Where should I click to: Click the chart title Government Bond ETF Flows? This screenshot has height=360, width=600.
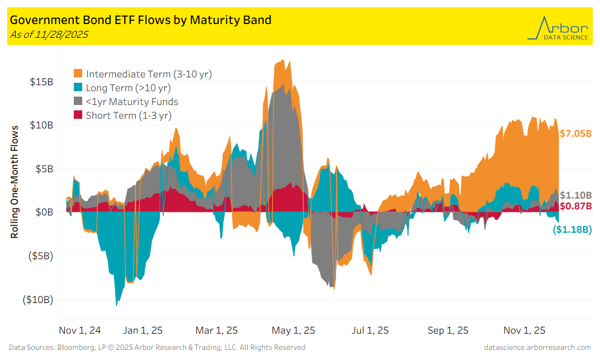click(x=140, y=20)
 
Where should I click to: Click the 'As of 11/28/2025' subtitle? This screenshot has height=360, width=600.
click(x=49, y=35)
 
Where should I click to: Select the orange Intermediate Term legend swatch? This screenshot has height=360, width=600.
click(x=78, y=74)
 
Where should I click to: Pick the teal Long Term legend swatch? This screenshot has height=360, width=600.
click(x=78, y=88)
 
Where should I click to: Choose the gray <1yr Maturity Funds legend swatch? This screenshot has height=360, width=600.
click(x=78, y=102)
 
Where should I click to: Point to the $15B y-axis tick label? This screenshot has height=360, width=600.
click(x=41, y=82)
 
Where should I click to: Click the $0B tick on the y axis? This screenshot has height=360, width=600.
click(x=44, y=212)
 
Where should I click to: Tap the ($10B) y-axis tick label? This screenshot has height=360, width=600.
click(x=37, y=299)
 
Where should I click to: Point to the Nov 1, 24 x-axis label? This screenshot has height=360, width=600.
click(x=80, y=331)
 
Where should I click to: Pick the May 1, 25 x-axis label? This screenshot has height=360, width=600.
click(x=294, y=331)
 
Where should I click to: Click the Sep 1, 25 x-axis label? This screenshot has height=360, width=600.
click(x=449, y=331)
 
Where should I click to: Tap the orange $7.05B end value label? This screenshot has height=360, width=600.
click(x=575, y=134)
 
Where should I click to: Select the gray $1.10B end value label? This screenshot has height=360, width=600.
click(x=575, y=196)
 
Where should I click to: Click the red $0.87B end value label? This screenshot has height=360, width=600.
click(x=575, y=206)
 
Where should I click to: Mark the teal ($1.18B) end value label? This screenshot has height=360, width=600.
click(x=572, y=229)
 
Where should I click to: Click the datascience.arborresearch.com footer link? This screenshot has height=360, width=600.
click(x=537, y=347)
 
